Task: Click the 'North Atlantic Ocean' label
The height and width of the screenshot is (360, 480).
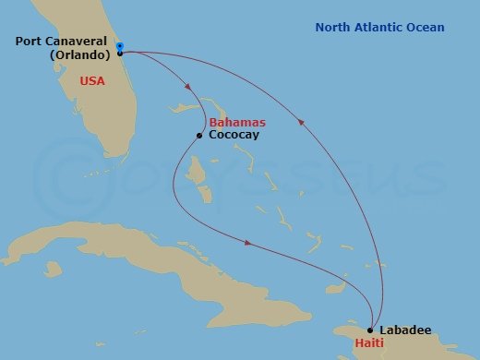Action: coord(379,28)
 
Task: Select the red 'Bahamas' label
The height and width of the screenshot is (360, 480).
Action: coord(237,122)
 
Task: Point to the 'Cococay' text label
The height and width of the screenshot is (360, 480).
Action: coord(234,135)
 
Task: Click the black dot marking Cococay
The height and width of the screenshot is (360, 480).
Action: coord(198,136)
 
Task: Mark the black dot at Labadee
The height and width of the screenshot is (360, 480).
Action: coord(370,330)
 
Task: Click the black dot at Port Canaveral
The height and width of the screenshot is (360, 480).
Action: coord(120,54)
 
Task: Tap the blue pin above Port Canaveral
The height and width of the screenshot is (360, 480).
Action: coord(120,44)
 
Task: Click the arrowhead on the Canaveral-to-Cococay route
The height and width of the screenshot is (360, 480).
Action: coord(188,89)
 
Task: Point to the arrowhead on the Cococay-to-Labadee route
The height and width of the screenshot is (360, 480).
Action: coord(248,244)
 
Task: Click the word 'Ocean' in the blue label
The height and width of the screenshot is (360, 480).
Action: coord(425,28)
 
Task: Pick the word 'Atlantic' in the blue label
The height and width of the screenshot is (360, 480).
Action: coord(378,28)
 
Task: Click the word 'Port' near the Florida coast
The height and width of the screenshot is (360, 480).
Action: coord(28,41)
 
